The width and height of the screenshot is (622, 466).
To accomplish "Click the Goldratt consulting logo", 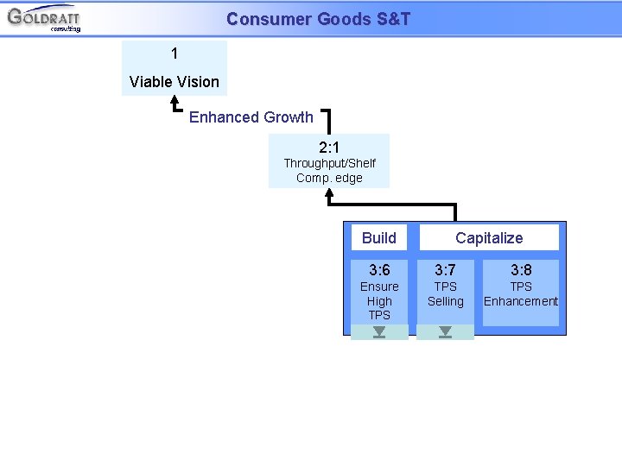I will (44, 18).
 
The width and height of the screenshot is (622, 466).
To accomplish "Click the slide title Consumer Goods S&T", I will (318, 18).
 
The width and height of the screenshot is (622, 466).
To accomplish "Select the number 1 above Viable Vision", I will (175, 54).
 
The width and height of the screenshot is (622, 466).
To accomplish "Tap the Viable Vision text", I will (175, 82).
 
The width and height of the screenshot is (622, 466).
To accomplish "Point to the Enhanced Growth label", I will (251, 117).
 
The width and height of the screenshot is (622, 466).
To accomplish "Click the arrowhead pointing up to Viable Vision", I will (175, 101).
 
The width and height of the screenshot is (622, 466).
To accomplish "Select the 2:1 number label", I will (329, 148).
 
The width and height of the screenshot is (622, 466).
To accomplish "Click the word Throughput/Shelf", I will (329, 163).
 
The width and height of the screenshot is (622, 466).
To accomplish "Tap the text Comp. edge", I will (329, 178).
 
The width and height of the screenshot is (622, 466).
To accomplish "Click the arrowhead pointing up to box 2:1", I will (329, 194).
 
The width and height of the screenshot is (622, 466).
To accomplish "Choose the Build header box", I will (379, 238).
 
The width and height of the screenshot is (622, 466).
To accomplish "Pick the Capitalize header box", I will (489, 238).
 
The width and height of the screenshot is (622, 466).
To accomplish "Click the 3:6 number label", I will (379, 270).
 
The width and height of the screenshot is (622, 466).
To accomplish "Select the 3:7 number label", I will (445, 270).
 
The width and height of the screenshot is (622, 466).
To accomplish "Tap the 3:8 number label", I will (521, 270).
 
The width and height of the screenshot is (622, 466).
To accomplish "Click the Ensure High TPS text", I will (379, 301).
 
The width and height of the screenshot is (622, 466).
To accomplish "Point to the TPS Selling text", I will (445, 294).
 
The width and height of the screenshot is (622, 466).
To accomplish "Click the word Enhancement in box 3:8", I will (521, 301).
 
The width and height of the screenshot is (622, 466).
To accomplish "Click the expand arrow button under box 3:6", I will (379, 332).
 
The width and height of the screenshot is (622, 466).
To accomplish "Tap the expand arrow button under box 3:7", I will (445, 332).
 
